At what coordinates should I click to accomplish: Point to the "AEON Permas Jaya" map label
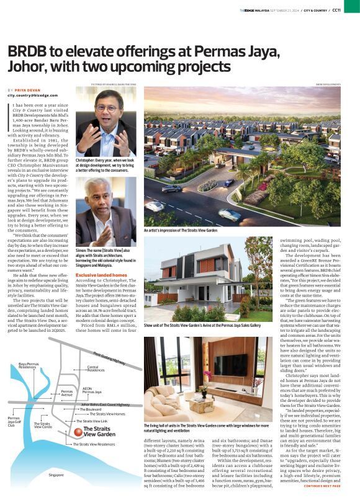pyautogui.click(x=92, y=391)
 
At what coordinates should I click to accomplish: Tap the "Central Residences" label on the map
pyautogui.click(x=96, y=368)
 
